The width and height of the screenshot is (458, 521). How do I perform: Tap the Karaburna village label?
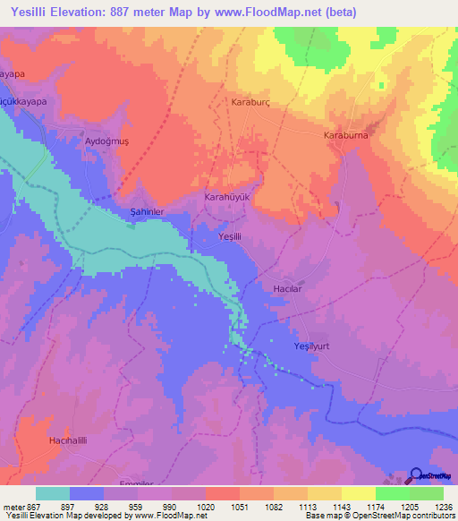coord(345,135)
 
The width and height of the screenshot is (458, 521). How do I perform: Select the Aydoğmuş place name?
coord(106,142)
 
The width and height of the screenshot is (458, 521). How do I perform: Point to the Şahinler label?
coord(141,211)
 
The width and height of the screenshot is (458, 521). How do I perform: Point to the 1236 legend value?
coord(442,506)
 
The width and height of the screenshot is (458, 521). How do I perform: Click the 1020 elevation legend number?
coord(207,506)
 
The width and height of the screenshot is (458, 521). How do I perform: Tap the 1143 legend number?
coord(342,506)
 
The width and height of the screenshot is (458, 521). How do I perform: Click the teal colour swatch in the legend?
coord(53,493)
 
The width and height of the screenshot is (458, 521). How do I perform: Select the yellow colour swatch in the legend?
coord(358,493)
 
